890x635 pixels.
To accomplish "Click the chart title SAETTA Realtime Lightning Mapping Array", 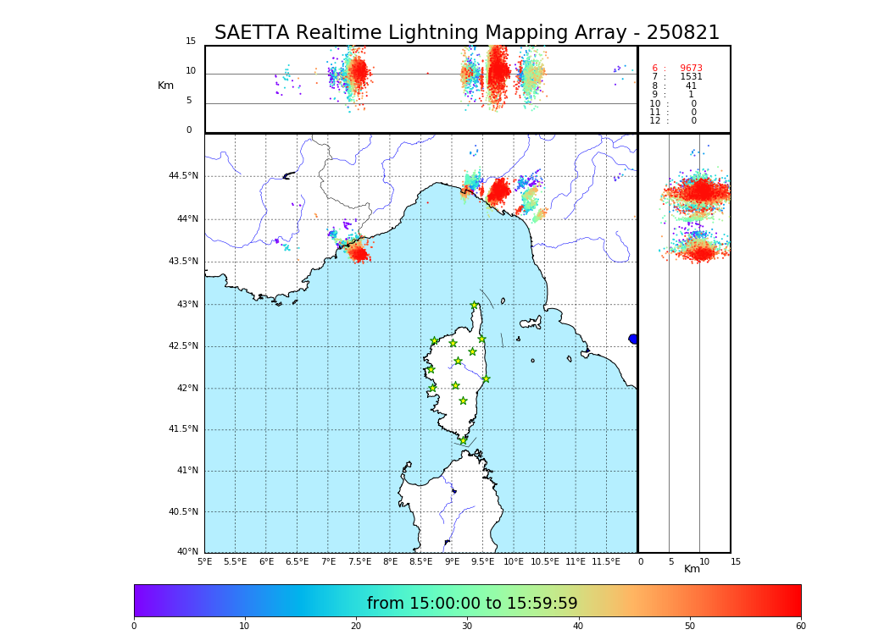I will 466,33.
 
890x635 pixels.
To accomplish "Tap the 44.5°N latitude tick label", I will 183,176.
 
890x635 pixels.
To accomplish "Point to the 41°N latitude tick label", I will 186,471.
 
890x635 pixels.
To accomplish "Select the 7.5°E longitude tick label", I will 359,561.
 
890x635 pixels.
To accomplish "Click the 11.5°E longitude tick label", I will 606,561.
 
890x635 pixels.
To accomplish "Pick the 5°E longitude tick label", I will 205,561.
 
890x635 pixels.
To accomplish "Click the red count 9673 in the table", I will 691,69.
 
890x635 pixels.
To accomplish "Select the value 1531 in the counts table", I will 691,77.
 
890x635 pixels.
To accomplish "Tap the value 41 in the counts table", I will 691,86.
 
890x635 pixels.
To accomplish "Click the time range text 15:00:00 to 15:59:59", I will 472,604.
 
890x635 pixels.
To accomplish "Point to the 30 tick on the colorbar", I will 467,627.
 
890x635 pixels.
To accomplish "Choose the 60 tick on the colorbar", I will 800,627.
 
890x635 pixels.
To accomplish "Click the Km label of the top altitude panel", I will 165,86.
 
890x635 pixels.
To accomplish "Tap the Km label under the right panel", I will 693,569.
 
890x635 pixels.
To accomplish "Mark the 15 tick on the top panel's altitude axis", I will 191,41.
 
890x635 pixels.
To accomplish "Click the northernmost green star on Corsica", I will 475,306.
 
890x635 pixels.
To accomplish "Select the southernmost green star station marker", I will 463,440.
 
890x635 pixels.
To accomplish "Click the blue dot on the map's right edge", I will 633,339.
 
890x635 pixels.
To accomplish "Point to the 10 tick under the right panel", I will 704,561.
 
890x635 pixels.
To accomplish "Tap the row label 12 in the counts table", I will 654,121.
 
